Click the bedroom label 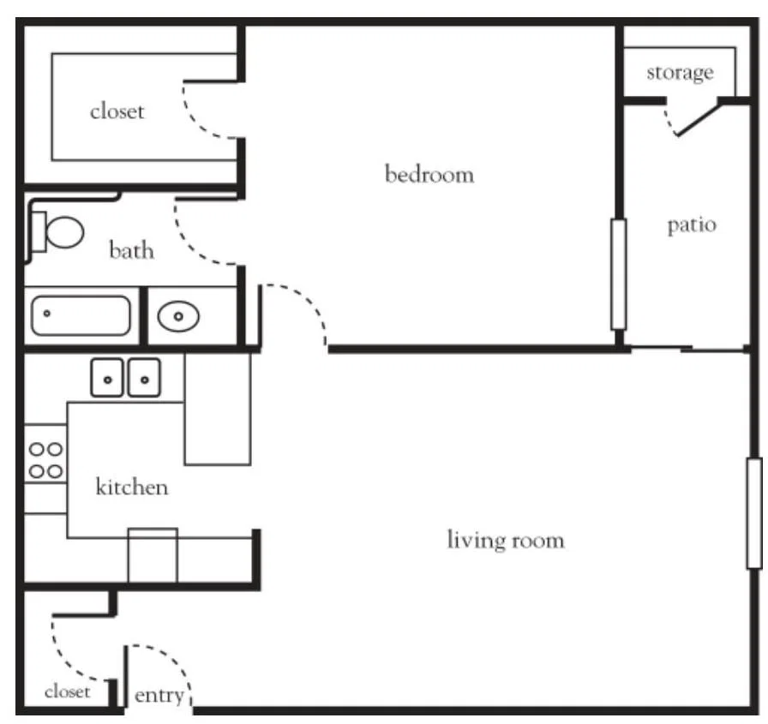coord(429,175)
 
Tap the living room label coord(506,541)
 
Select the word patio coord(692,225)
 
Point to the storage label coord(680,73)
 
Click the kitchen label coord(132,487)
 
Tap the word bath coord(131,250)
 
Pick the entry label coord(159,696)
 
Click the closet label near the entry coord(68,691)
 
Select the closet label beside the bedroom coord(117,111)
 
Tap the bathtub coord(81,316)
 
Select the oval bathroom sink coord(178,316)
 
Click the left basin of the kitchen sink coord(107,378)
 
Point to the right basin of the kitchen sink coord(144,378)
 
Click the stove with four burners coord(45,460)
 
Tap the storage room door coord(698,119)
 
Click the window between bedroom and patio coord(619,274)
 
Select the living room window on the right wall coord(754,513)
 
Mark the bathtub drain coord(47,314)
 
